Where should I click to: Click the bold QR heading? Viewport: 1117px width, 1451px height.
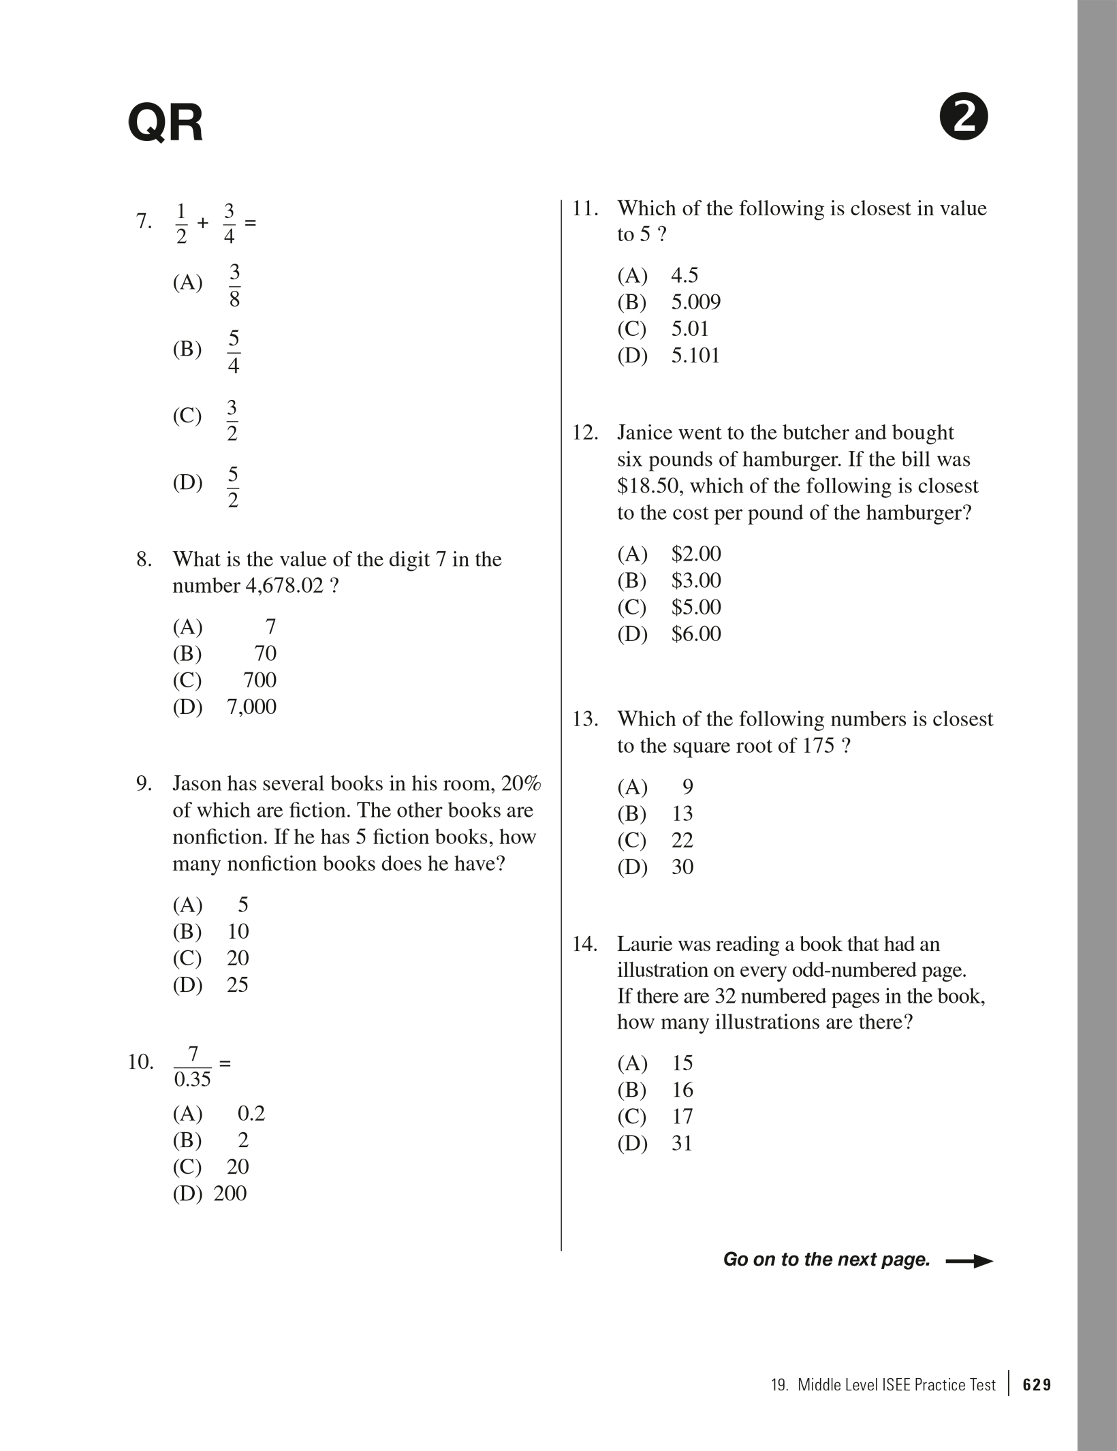click(x=166, y=123)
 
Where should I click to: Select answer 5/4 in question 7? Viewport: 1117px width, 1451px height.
click(x=234, y=352)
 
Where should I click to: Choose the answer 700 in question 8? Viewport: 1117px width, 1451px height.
click(x=259, y=680)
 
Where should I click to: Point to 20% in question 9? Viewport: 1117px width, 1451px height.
click(x=521, y=783)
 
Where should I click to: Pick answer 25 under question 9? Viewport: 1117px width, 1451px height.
click(x=238, y=984)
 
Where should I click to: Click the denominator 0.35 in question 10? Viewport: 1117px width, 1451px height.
click(x=193, y=1080)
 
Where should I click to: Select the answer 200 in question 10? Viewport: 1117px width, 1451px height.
click(x=230, y=1193)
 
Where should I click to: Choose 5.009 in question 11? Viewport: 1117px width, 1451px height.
click(x=696, y=302)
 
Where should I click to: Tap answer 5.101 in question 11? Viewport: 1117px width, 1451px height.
click(x=695, y=356)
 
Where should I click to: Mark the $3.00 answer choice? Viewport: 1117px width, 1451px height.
click(x=696, y=580)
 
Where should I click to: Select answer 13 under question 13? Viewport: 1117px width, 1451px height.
click(x=682, y=813)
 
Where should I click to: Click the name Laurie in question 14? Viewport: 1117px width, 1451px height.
click(x=646, y=944)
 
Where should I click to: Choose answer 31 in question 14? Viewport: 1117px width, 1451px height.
click(x=682, y=1143)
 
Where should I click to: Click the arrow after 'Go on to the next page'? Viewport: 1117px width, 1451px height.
click(x=969, y=1261)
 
